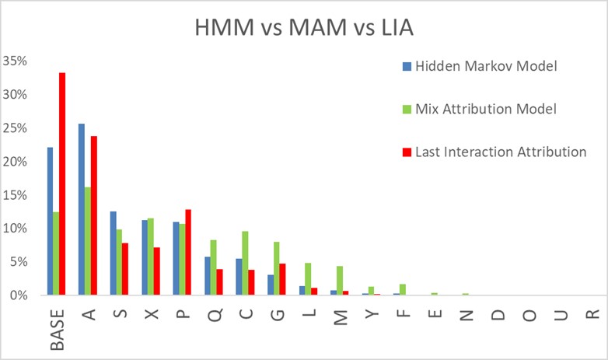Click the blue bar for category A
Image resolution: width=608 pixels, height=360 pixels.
(82, 209)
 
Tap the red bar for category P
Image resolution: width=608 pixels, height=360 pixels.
(187, 253)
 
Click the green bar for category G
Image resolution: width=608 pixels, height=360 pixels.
(277, 268)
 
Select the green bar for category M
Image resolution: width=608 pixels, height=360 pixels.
(339, 281)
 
